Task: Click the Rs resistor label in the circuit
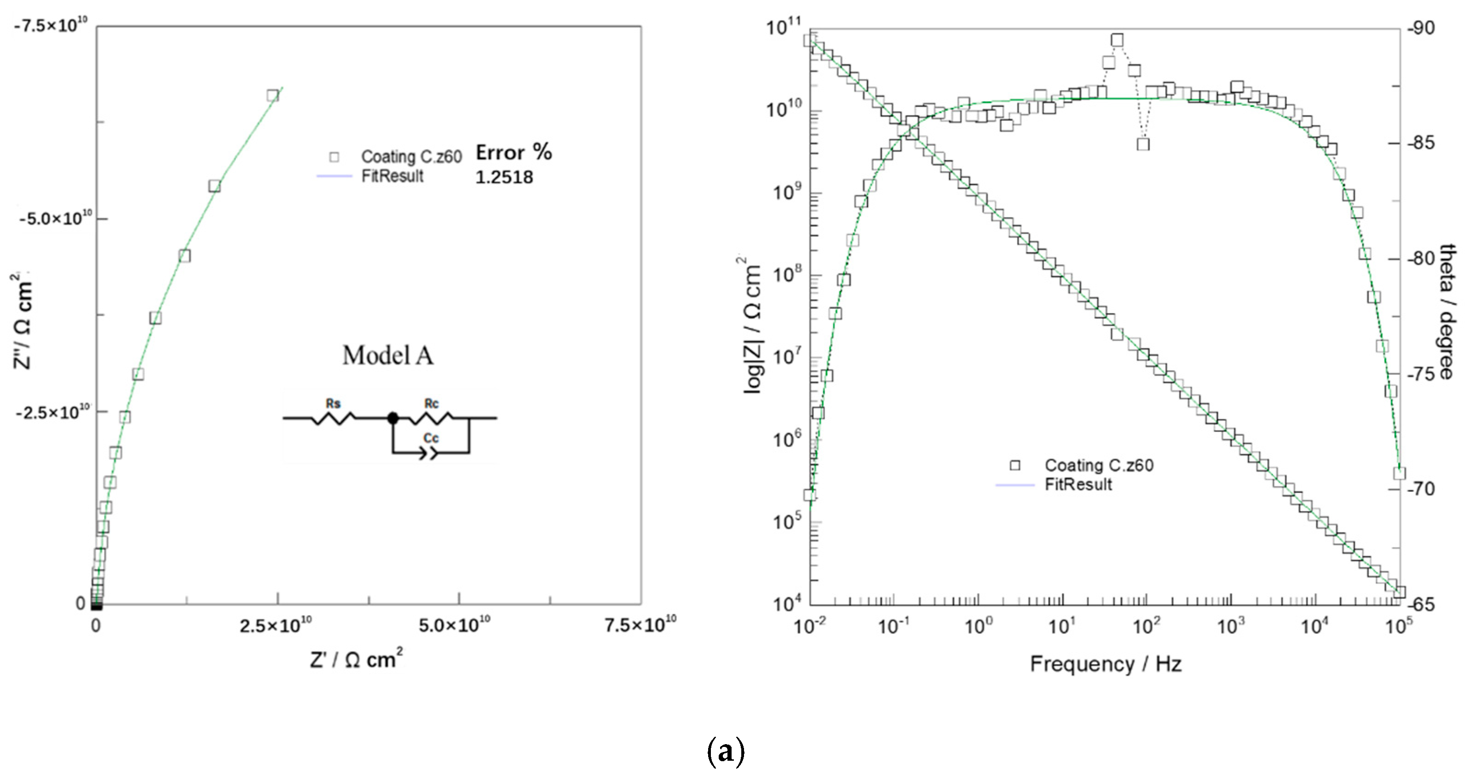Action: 333,403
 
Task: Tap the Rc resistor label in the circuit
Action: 431,403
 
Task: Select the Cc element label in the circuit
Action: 431,438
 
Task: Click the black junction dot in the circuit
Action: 393,418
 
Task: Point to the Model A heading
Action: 388,356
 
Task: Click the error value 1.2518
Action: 504,177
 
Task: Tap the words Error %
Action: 514,152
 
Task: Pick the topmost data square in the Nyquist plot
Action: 273,95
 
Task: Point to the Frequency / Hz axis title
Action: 1106,664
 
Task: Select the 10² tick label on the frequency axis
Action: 1146,626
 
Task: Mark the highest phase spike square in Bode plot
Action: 1118,40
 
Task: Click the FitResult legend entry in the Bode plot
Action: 1078,484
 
